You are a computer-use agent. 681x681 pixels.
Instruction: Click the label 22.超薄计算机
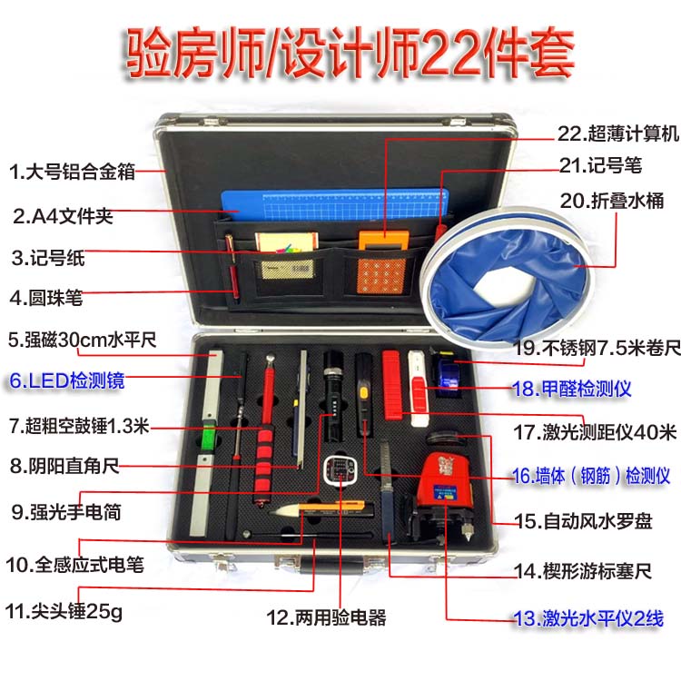point(618,133)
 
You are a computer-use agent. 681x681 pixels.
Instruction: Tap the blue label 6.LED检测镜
point(67,380)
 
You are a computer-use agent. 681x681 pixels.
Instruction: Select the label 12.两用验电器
point(326,617)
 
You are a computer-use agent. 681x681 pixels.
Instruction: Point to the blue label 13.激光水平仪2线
point(588,618)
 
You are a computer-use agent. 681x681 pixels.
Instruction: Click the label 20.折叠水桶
point(611,201)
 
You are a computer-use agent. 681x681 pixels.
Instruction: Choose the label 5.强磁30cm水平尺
point(82,340)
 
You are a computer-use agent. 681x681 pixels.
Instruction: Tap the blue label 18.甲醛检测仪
point(571,389)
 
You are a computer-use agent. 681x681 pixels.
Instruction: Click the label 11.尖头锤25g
point(64,611)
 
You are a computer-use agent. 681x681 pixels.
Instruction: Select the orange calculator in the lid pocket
point(382,262)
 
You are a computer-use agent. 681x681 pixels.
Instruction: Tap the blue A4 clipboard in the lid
point(334,205)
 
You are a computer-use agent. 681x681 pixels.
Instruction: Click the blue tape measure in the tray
point(448,374)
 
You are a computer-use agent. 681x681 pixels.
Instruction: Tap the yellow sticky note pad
point(287,242)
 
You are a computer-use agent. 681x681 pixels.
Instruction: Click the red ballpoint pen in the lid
point(232,266)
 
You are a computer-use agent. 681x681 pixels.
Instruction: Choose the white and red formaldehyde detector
point(419,389)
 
